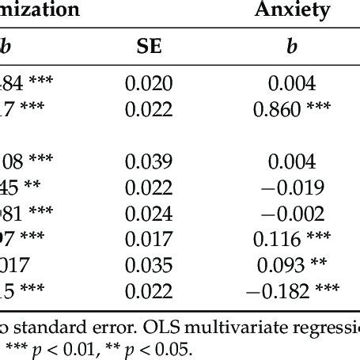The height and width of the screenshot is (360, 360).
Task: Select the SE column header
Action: (x=148, y=47)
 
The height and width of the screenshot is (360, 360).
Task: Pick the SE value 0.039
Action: (x=148, y=162)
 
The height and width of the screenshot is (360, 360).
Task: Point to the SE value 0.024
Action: (x=148, y=214)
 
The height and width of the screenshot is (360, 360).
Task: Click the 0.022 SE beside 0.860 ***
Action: (x=148, y=110)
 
